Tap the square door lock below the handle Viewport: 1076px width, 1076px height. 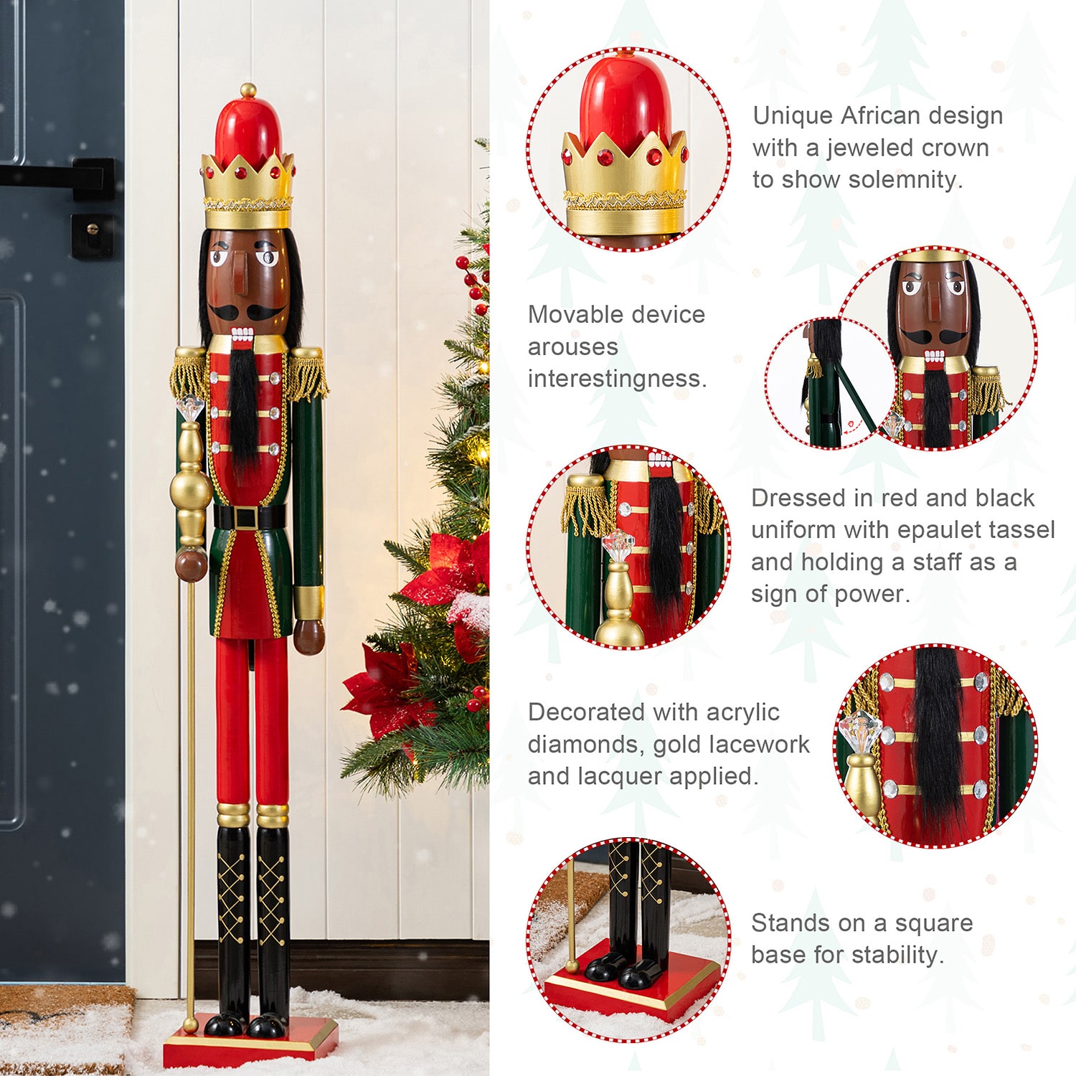tap(93, 235)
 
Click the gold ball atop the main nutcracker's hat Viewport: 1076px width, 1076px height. tap(248, 90)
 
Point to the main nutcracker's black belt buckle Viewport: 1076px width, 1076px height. tap(248, 516)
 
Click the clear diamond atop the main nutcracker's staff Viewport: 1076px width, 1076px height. tap(191, 410)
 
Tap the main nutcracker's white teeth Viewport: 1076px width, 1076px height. tap(242, 334)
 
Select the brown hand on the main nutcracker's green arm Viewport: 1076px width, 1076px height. tap(309, 636)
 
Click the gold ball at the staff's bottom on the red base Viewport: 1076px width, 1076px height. tap(190, 1024)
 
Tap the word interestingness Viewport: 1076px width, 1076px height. tap(618, 378)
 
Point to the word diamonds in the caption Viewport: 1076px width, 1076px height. tap(582, 744)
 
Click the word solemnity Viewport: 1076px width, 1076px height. tap(899, 179)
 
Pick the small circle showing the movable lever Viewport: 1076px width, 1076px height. tap(831, 384)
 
